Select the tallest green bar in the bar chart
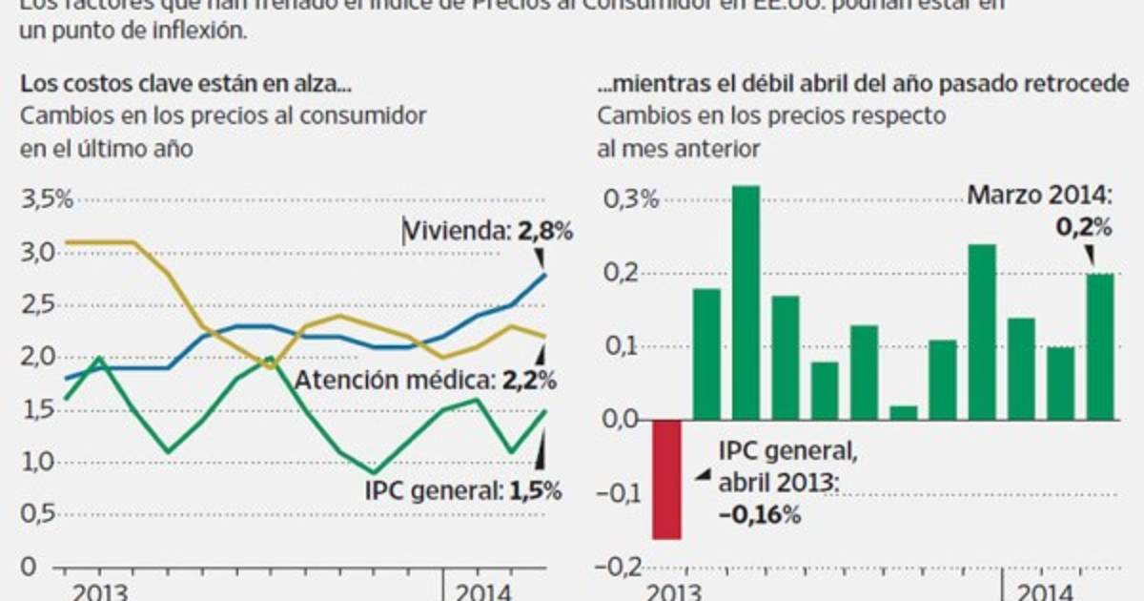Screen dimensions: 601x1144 pyautogui.click(x=746, y=302)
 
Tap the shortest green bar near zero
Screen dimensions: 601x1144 pyautogui.click(x=902, y=412)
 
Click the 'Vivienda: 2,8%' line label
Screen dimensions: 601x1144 pyautogui.click(x=487, y=231)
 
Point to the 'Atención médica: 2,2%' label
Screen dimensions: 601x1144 pyautogui.click(x=425, y=381)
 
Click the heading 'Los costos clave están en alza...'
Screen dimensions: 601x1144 pyautogui.click(x=186, y=85)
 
